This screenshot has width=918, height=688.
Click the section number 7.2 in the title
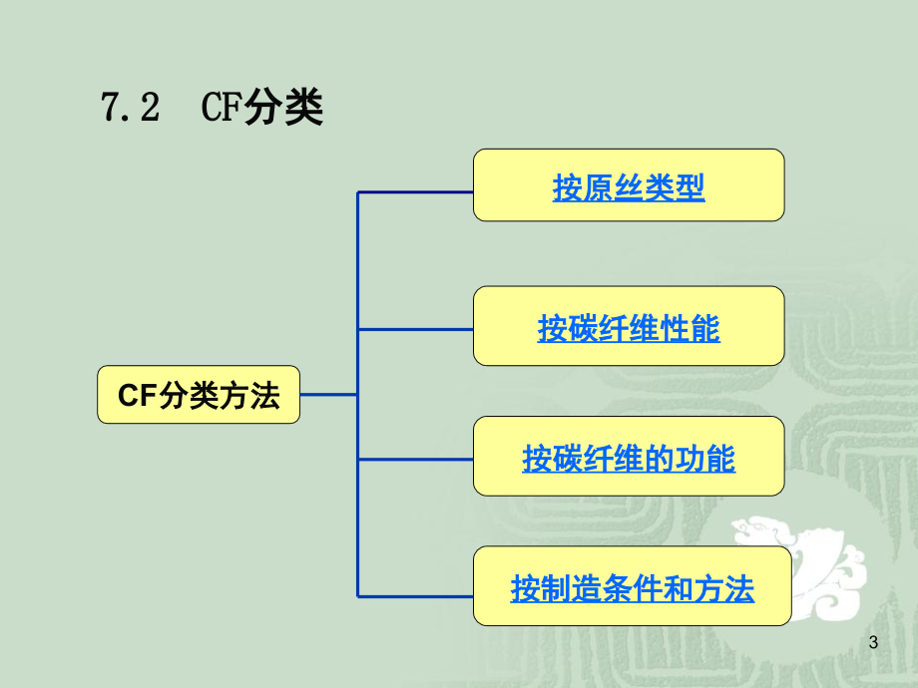pos(130,107)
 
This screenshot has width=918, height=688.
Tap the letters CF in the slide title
pos(222,107)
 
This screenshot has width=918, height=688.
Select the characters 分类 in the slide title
pos(283,107)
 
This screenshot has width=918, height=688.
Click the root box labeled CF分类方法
pos(199,394)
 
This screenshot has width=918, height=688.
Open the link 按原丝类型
pos(629,187)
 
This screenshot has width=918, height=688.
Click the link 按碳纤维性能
pos(629,328)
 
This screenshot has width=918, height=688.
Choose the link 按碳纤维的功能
pos(629,458)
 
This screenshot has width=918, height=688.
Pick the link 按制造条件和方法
pos(632,588)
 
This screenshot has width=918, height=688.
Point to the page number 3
pos(873,642)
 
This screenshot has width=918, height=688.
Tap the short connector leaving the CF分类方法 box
pos(328,394)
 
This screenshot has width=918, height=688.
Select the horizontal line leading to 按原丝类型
pos(415,191)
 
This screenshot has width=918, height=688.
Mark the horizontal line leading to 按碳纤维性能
pos(415,329)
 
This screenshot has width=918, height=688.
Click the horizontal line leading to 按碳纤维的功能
pos(415,460)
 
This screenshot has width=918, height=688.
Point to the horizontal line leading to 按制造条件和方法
pos(415,596)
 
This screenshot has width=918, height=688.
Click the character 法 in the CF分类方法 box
pos(264,395)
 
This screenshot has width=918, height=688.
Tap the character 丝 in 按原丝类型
pos(629,187)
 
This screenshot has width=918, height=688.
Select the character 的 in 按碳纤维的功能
pos(659,458)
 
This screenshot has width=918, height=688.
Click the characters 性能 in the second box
pos(689,328)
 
